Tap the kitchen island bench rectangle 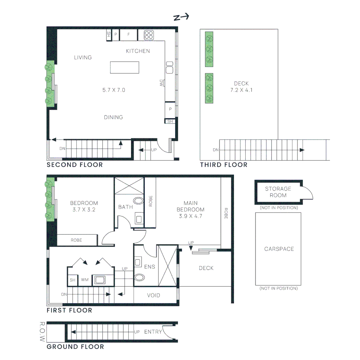[125, 67]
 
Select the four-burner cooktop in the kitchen [148, 35]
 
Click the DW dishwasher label [161, 83]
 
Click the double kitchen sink [169, 68]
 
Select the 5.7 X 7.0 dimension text [114, 90]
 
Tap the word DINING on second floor [113, 117]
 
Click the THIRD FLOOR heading [224, 165]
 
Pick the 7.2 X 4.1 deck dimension [241, 90]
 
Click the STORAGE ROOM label [278, 192]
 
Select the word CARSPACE [279, 249]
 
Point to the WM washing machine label [85, 280]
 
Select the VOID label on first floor [153, 295]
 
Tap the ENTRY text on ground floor [153, 332]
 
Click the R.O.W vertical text [42, 332]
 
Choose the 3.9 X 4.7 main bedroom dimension [191, 216]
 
